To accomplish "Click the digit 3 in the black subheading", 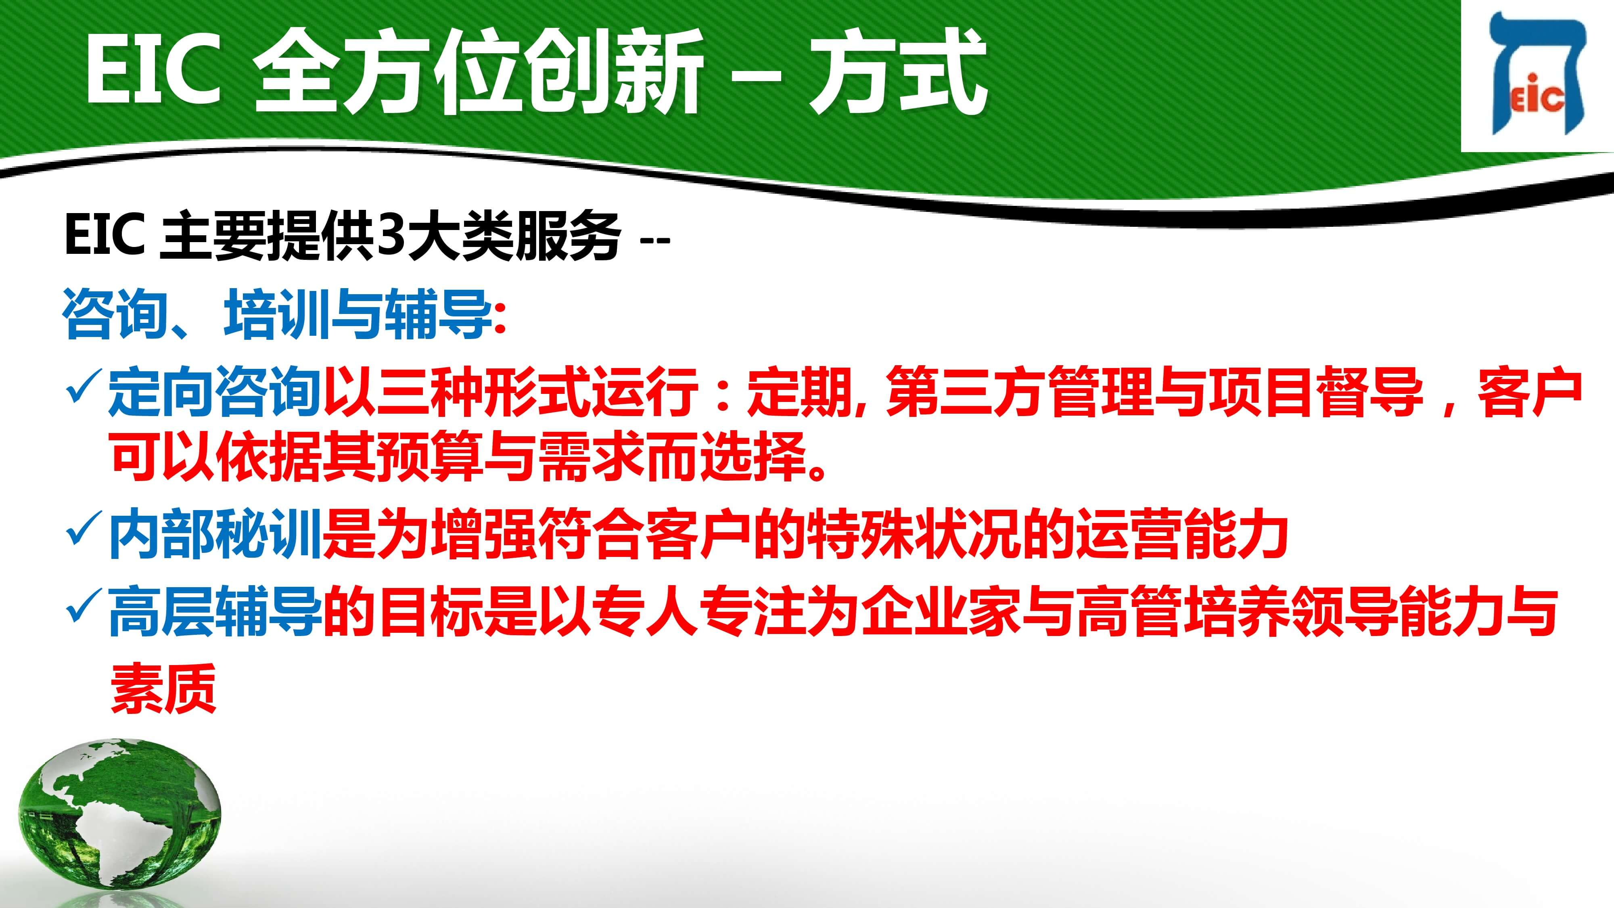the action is coord(391,236).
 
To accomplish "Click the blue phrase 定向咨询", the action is coord(215,391).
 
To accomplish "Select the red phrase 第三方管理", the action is coord(1019,391).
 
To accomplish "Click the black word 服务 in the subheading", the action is coord(568,236).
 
